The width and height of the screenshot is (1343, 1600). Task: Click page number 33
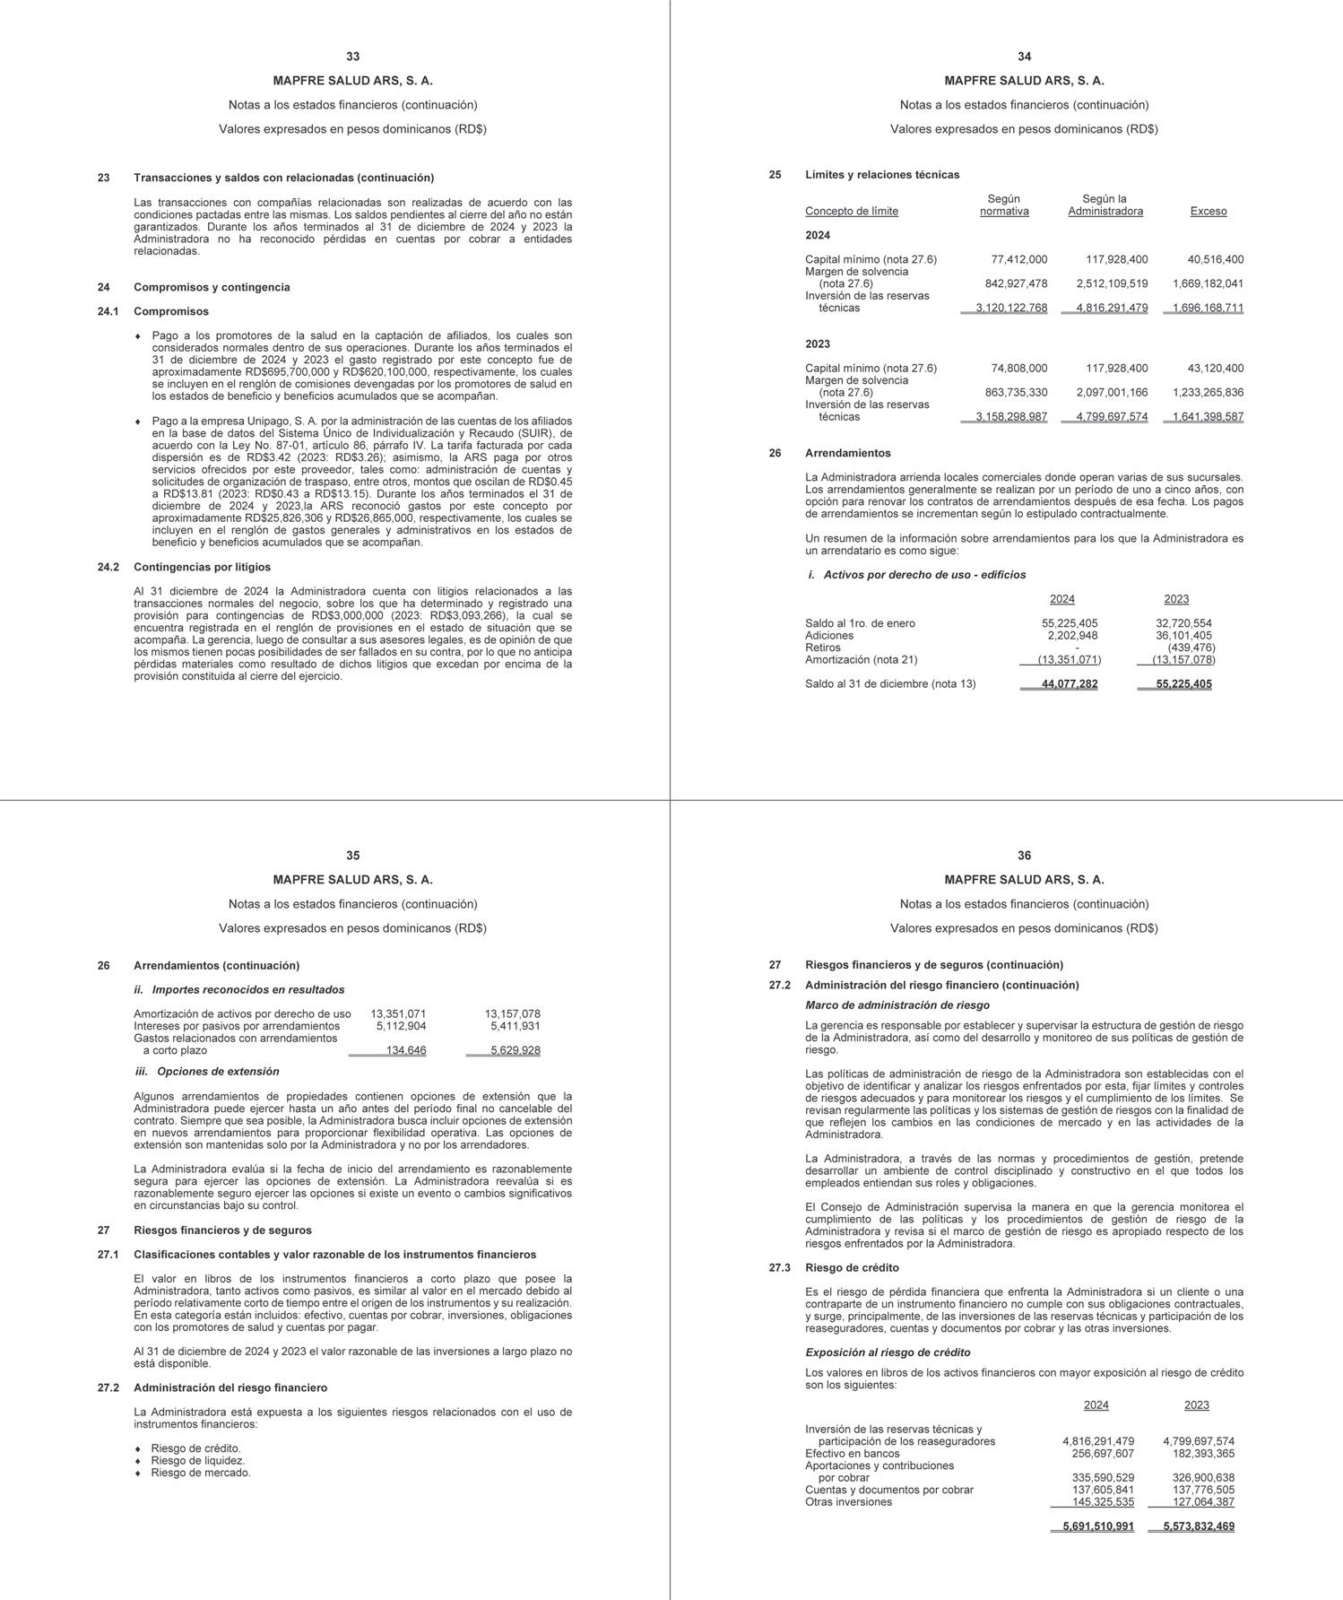point(352,57)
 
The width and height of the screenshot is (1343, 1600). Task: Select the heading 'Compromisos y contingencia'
point(212,287)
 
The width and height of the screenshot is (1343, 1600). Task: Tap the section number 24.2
point(108,567)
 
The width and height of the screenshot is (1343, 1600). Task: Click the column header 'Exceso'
point(1208,212)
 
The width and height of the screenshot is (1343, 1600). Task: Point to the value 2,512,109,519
point(1112,284)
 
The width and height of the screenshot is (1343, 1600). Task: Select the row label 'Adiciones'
point(829,636)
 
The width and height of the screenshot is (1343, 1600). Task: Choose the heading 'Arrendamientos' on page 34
point(847,454)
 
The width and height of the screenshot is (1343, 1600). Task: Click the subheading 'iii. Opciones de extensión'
point(206,1072)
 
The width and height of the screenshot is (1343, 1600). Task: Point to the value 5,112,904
point(401,1026)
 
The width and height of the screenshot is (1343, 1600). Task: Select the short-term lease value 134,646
point(405,1050)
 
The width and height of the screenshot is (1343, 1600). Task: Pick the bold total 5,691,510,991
point(1097,1526)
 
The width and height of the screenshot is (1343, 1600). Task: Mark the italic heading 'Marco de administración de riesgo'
point(897,1005)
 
